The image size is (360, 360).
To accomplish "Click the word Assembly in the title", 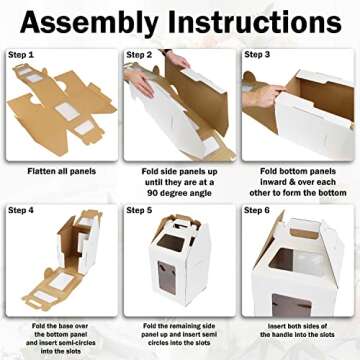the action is point(89,24).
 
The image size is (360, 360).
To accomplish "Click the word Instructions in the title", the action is point(255,22).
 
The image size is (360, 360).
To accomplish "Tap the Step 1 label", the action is point(21,55).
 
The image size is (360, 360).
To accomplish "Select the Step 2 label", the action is point(139,55).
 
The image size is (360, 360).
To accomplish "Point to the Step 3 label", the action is point(257,54).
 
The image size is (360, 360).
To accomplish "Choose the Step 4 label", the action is point(21,210).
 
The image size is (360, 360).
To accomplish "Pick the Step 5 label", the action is point(139,210).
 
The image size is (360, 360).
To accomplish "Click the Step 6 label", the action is point(257,210).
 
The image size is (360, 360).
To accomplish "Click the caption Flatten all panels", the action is point(62,171).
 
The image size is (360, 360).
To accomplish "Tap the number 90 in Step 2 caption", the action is point(152,193).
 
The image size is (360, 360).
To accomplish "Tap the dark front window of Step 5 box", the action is point(167,278).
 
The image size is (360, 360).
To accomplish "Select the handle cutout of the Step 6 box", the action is point(303,233).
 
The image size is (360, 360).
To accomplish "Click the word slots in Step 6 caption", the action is point(325,334).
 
